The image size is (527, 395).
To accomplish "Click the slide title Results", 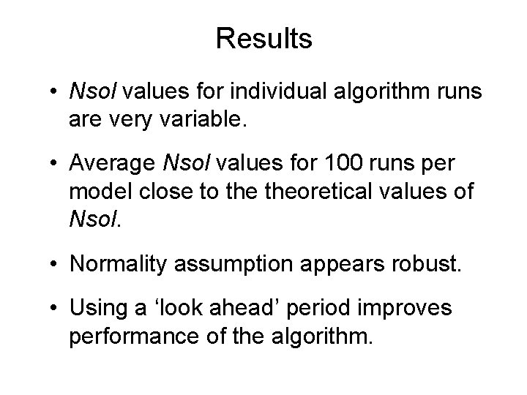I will (x=263, y=39).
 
